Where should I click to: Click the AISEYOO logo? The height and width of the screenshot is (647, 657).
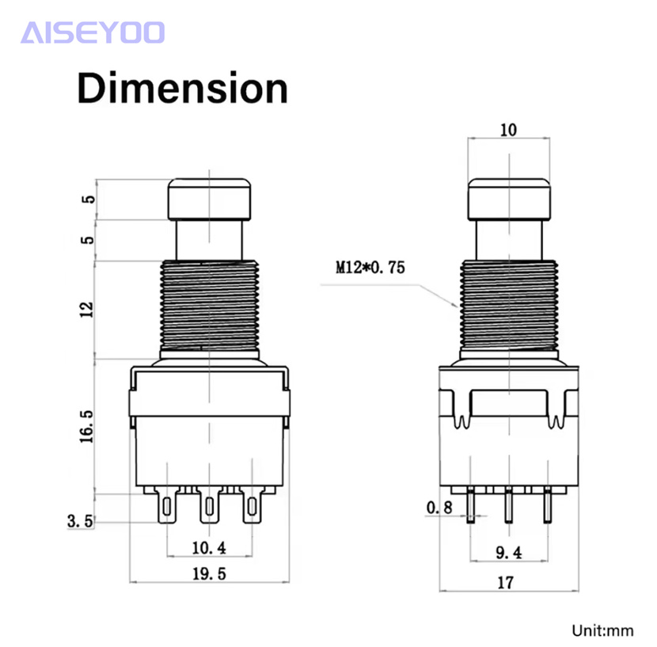pos(93,32)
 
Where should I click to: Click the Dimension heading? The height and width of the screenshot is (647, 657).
pos(183,89)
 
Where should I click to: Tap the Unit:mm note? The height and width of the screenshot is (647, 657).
pos(602,630)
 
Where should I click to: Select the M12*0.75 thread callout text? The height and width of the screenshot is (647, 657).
pos(370,267)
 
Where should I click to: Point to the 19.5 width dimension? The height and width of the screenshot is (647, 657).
pos(209,573)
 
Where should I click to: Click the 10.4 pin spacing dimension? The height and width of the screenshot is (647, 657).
pos(209,548)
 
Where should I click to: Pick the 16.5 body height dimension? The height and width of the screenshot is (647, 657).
pos(87,426)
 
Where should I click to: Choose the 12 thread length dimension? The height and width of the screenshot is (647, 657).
pos(87,310)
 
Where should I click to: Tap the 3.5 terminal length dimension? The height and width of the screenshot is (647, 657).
pos(80,521)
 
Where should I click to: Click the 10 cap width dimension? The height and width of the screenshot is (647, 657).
pos(508,130)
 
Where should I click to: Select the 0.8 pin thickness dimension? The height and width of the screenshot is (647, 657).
pos(439,508)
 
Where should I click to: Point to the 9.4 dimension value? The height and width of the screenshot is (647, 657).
pos(509,553)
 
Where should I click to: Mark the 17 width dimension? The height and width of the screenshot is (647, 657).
pos(505,582)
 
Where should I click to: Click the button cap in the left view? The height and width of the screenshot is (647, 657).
pos(210,200)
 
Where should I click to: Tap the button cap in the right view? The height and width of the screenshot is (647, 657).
pos(509,200)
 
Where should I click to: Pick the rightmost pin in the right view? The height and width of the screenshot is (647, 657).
pos(548,505)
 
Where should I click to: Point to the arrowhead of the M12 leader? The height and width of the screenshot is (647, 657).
pos(458,307)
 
